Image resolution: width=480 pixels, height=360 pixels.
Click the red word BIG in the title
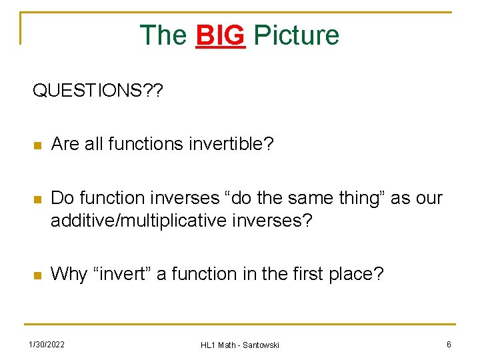pyautogui.click(x=220, y=35)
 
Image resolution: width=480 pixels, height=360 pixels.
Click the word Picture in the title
pyautogui.click(x=297, y=35)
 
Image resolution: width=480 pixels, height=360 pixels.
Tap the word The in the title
pyautogui.click(x=163, y=35)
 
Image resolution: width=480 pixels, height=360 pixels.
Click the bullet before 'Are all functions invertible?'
pyautogui.click(x=38, y=145)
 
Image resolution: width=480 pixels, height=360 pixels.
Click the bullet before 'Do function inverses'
pyautogui.click(x=38, y=199)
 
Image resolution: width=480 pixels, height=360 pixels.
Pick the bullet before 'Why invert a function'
pyautogui.click(x=38, y=275)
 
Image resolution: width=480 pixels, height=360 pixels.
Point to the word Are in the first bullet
pyautogui.click(x=65, y=144)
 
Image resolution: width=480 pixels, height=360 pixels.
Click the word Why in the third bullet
pyautogui.click(x=69, y=274)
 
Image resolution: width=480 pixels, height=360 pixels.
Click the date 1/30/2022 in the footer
pyautogui.click(x=46, y=344)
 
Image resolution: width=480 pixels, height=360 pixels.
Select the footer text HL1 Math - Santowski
pyautogui.click(x=240, y=345)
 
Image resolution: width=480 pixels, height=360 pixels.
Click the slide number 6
pyautogui.click(x=449, y=344)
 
